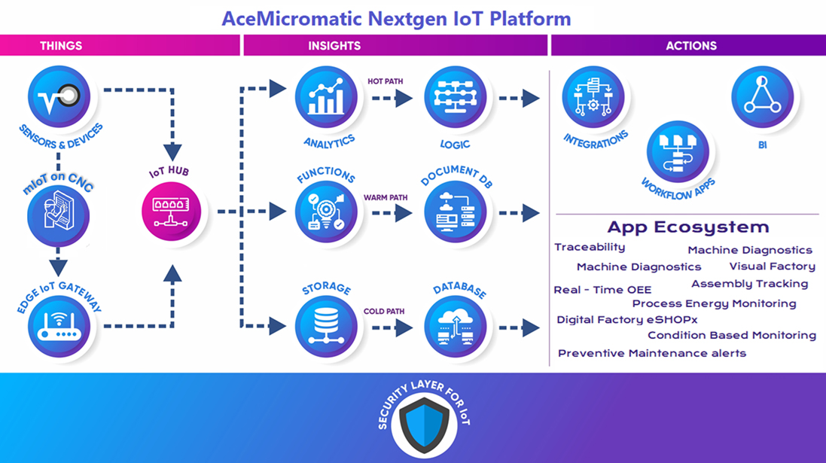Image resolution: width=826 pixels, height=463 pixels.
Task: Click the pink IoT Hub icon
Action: (171, 212)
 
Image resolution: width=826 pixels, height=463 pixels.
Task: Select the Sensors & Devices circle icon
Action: (59, 97)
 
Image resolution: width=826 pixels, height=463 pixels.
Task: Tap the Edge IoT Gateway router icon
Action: (59, 326)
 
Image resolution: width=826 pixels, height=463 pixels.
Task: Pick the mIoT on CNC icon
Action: (59, 216)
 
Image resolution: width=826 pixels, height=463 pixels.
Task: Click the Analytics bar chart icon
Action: (326, 97)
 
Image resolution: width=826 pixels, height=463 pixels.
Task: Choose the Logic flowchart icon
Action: (455, 97)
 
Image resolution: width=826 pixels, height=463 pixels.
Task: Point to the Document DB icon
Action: (455, 212)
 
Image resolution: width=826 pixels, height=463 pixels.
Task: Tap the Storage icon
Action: (326, 326)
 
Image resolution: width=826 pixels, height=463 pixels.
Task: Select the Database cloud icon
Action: (455, 326)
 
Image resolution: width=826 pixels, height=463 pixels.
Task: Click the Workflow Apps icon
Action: (678, 152)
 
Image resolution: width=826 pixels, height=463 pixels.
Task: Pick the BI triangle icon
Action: (762, 97)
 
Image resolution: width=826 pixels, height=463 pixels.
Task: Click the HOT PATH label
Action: (385, 81)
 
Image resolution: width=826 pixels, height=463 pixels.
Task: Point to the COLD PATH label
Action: (384, 311)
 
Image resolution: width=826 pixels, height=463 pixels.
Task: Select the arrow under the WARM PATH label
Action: (392, 213)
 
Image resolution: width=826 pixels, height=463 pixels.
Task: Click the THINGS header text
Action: (61, 46)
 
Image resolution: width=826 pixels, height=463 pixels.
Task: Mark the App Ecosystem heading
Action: (688, 227)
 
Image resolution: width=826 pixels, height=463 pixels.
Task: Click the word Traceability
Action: (590, 247)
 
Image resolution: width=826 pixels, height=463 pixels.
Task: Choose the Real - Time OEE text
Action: (602, 290)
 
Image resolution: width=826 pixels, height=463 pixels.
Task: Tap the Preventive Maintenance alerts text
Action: (652, 353)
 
